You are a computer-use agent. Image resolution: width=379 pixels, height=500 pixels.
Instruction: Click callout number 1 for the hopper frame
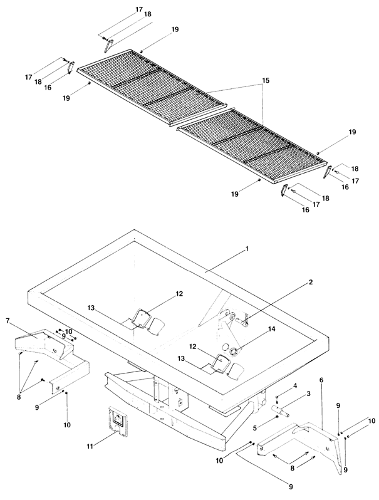(247, 249)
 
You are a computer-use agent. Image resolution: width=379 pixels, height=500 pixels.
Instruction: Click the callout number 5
(254, 410)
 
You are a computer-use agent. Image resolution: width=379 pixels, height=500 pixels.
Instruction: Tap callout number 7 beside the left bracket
(8, 321)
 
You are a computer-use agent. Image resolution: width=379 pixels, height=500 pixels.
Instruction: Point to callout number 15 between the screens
(266, 82)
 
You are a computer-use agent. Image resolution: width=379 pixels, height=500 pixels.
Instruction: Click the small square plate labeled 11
(115, 419)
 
